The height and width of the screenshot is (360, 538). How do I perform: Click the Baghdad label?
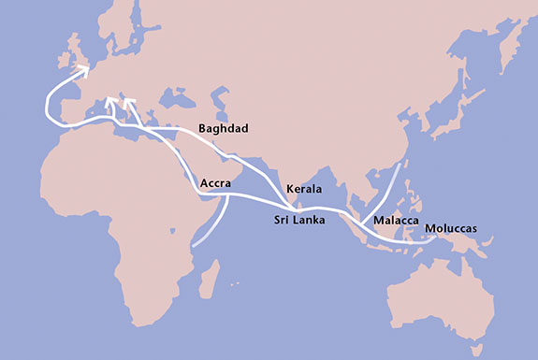click(x=224, y=128)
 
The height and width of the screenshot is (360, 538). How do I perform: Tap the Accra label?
click(x=216, y=184)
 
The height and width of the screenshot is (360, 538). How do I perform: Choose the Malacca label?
click(x=394, y=221)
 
